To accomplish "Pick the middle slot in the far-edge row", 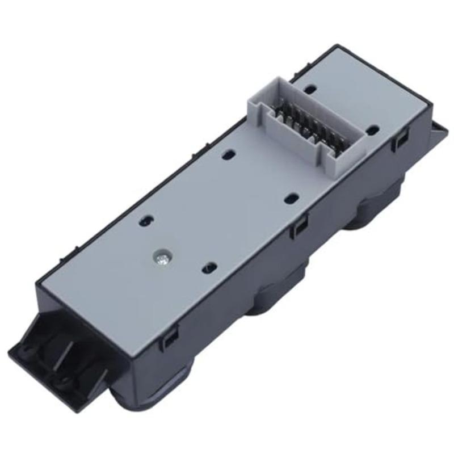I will click(229, 153).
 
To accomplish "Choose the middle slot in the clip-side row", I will click(291, 198).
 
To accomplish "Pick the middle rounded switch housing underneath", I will click(278, 295).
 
